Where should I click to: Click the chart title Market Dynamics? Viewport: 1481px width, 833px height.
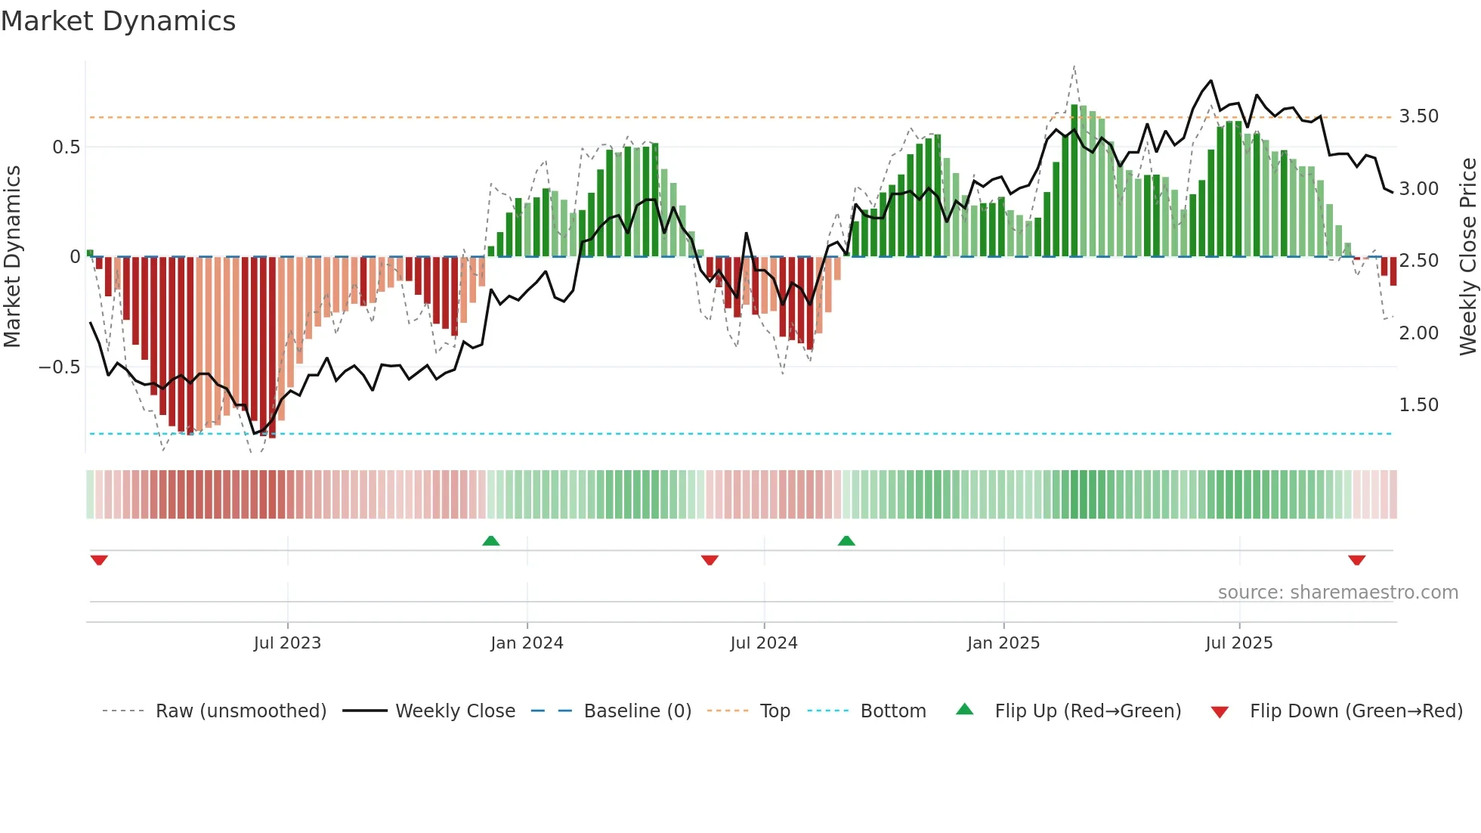[x=118, y=21]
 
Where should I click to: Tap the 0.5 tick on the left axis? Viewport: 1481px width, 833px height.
[x=66, y=147]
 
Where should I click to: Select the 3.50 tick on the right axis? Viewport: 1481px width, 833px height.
[x=1418, y=116]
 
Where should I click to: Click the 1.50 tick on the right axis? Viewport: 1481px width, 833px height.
[x=1418, y=405]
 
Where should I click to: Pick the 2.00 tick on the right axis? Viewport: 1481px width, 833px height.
[x=1418, y=333]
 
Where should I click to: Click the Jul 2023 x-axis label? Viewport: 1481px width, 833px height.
[x=287, y=643]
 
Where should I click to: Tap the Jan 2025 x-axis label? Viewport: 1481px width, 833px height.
[x=1003, y=643]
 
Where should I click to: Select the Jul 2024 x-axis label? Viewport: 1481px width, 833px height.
[x=763, y=643]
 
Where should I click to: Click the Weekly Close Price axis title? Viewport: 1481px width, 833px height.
[x=1467, y=257]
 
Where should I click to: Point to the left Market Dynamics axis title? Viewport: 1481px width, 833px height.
[x=12, y=257]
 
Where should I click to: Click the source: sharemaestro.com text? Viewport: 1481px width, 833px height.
[x=1337, y=593]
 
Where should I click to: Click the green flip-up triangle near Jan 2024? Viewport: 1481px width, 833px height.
[x=491, y=540]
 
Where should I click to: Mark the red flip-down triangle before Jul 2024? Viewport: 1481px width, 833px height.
[x=710, y=560]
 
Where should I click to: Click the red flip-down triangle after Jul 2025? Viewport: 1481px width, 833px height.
[x=1356, y=560]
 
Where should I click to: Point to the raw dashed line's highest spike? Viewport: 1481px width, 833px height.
[x=1074, y=67]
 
